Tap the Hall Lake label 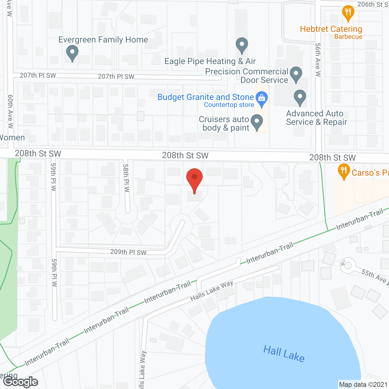284,353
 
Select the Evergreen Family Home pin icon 72,53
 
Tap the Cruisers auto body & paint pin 257,122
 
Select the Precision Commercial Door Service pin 296,74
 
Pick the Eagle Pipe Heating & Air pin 242,46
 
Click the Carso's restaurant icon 344,171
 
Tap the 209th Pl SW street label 128,252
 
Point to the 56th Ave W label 318,60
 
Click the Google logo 21,382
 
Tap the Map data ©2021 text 363,385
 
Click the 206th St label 372,4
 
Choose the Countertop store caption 229,105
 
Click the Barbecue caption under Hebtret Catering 348,37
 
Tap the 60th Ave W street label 11,111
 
